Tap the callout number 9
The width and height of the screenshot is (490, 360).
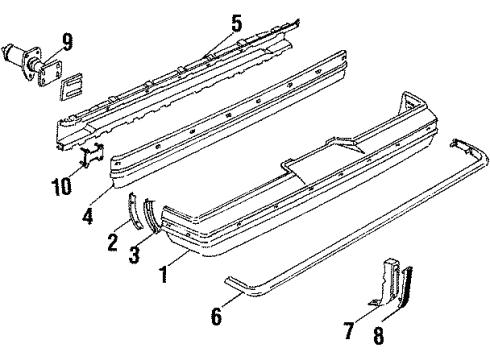point(68,41)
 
